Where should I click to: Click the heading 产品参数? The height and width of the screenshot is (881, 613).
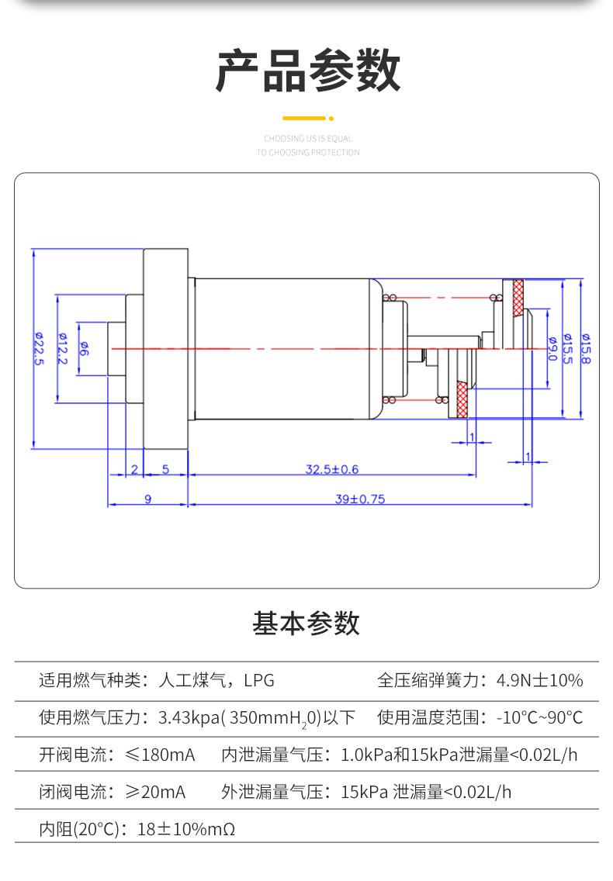(x=307, y=71)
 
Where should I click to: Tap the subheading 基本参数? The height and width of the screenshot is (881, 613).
(x=306, y=623)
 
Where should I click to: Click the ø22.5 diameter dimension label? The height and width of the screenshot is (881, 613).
(x=38, y=348)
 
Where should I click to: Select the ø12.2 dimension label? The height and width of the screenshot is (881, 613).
(x=62, y=348)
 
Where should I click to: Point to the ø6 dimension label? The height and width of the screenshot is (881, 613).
(x=83, y=348)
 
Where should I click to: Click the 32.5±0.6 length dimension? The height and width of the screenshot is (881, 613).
(x=332, y=469)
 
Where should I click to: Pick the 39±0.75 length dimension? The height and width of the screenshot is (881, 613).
(x=360, y=499)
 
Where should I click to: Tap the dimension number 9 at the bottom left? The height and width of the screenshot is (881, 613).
(x=148, y=499)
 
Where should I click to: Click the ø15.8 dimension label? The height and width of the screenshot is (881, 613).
(x=585, y=348)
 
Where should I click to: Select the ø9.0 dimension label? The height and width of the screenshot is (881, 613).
(x=552, y=348)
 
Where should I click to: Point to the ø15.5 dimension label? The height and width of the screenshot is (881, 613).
(x=568, y=348)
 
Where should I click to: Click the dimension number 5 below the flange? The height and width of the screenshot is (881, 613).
(x=165, y=469)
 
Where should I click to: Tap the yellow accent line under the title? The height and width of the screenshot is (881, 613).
(x=304, y=118)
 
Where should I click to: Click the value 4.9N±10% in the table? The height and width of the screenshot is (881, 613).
(x=539, y=680)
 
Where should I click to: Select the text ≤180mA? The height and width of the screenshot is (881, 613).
(x=160, y=755)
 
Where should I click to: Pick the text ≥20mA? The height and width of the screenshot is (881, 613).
(x=155, y=792)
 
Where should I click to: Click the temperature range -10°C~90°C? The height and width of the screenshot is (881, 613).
(x=539, y=717)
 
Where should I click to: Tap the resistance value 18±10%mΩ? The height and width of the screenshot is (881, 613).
(x=186, y=829)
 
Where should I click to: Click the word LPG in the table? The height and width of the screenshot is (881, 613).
(x=258, y=680)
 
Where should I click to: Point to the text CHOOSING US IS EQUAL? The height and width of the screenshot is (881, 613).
(x=308, y=138)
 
